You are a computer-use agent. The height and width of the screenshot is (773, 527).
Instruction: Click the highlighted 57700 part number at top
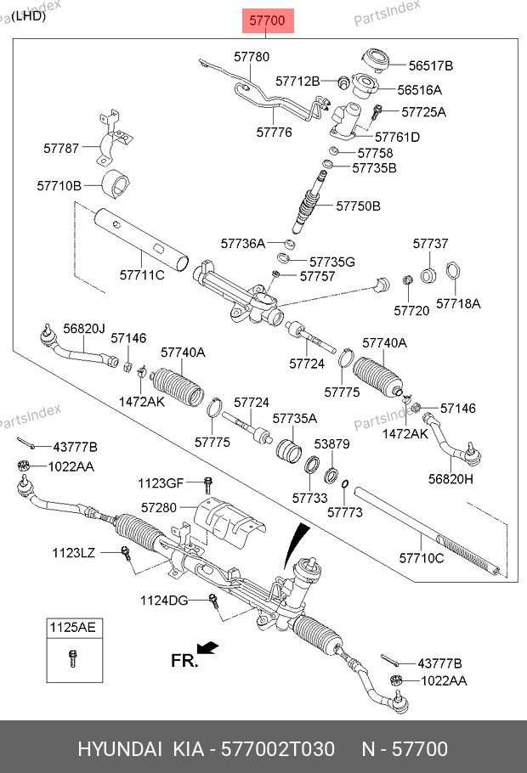pos(269,20)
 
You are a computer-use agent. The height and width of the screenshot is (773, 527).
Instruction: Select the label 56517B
pos(430,65)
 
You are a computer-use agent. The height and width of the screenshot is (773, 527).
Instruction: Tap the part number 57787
pos(61,148)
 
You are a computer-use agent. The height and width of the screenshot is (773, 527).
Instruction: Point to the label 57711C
pos(141,274)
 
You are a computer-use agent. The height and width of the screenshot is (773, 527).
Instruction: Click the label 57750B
pos(358,206)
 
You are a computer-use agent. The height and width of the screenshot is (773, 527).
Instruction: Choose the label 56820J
pos(84,329)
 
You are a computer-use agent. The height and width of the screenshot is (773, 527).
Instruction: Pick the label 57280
pos(159,507)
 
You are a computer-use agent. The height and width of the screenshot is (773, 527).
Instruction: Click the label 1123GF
pos(161,483)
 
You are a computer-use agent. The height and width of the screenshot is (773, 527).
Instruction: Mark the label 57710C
pos(422,558)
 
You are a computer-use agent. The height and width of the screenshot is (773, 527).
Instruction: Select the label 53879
pos(332,443)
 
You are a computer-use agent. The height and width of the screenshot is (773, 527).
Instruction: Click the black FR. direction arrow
pos(207,649)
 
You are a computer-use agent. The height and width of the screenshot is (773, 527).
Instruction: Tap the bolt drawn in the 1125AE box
pos(71,657)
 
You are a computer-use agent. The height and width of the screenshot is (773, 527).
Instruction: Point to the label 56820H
pos(451,479)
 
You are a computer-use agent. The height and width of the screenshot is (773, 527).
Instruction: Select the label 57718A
pos(458,302)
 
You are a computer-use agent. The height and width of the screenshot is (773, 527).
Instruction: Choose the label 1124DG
pos(164,601)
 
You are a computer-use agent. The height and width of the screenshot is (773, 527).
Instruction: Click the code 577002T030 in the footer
pos(271,749)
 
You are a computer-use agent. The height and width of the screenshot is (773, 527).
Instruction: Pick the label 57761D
pos(398,137)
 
